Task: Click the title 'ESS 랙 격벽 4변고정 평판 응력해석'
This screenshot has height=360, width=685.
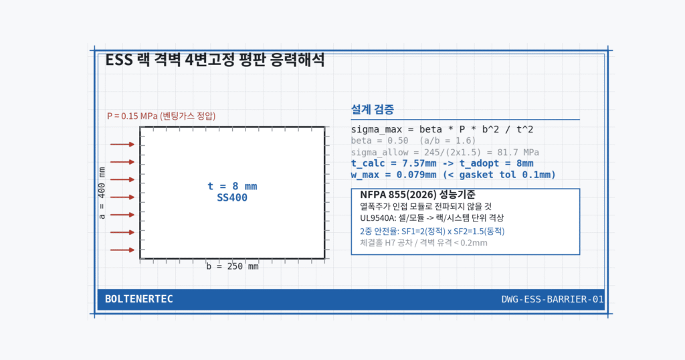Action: click(215, 60)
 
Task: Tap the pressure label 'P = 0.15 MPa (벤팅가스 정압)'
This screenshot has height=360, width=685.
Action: click(161, 116)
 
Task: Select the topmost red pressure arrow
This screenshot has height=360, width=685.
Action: click(122, 144)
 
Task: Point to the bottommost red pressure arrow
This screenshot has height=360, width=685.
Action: click(122, 250)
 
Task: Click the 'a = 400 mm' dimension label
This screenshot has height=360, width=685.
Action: click(102, 193)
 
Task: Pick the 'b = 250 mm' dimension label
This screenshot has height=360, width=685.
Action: click(232, 266)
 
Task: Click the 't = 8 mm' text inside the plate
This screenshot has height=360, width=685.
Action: click(232, 186)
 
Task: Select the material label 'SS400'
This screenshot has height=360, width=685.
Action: click(232, 197)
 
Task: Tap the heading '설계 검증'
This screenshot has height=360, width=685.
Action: click(372, 109)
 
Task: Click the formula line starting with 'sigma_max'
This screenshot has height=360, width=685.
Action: click(442, 129)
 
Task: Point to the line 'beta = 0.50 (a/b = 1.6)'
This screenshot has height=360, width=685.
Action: click(413, 141)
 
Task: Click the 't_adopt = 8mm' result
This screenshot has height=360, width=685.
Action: click(496, 163)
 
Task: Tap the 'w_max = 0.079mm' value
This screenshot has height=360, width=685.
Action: click(393, 175)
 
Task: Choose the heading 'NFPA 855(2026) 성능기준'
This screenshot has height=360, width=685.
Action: click(417, 195)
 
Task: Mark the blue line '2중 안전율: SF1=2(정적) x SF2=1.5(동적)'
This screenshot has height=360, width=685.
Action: click(432, 231)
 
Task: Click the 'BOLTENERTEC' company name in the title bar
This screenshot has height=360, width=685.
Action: click(139, 299)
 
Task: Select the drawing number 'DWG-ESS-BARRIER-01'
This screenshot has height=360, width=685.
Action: click(552, 299)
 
